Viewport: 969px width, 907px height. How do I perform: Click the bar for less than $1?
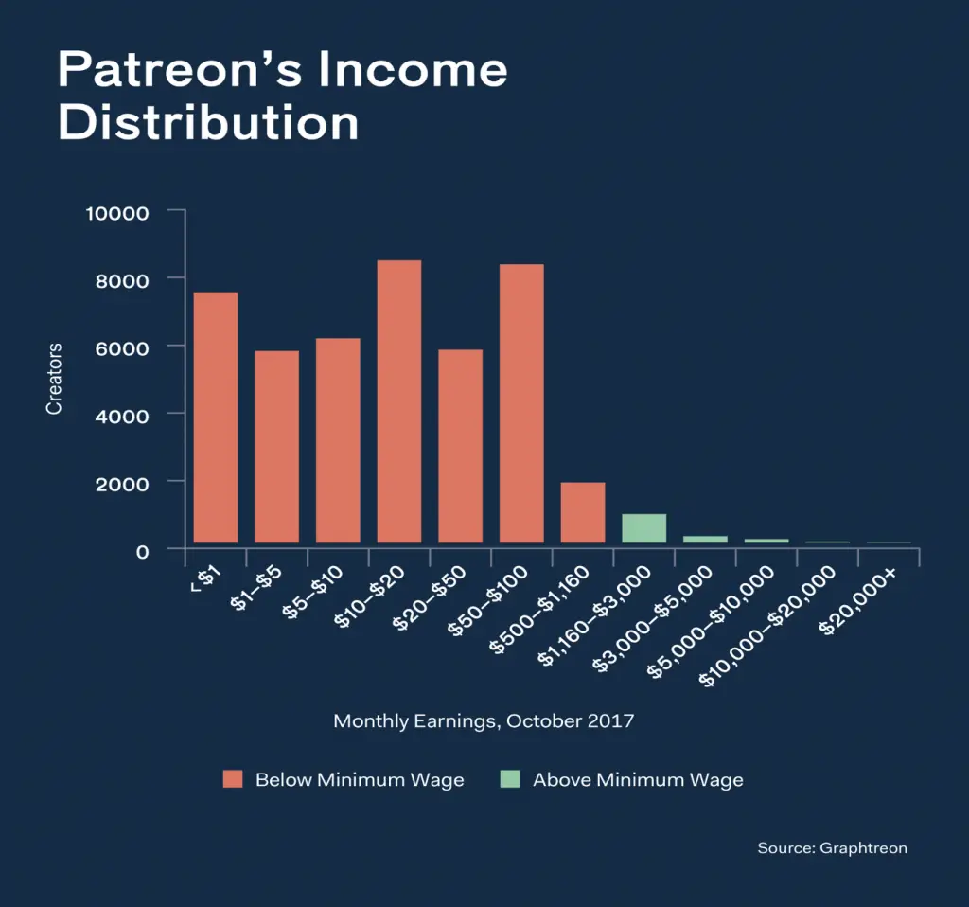(x=216, y=417)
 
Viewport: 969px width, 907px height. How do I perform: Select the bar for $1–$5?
(x=276, y=446)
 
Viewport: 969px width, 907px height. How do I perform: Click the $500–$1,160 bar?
(x=583, y=512)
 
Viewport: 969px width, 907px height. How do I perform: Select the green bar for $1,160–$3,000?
(x=643, y=527)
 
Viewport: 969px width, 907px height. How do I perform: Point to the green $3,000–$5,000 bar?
(x=705, y=539)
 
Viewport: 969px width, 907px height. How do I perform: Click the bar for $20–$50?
(x=460, y=446)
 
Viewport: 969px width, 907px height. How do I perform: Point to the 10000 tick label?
(x=117, y=212)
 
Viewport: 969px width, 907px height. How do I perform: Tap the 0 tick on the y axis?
(x=143, y=550)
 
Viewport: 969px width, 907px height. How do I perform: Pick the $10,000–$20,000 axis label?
(x=767, y=626)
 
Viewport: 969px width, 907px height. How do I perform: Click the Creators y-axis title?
(x=54, y=380)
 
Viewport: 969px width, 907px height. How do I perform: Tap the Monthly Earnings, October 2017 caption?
(x=484, y=720)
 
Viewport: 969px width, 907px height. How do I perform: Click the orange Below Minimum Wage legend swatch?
(x=234, y=779)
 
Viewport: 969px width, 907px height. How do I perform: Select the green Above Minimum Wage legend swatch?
(x=510, y=779)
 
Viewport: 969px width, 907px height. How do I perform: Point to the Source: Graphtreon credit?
(x=832, y=847)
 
